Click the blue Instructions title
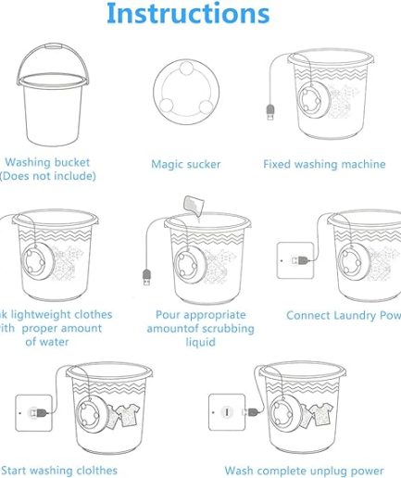[x=188, y=15]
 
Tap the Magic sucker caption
[x=186, y=165]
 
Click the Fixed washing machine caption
[x=324, y=165]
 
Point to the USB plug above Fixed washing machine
[x=269, y=115]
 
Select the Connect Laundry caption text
[x=343, y=316]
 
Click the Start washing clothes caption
[x=59, y=471]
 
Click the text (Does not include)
[x=47, y=176]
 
